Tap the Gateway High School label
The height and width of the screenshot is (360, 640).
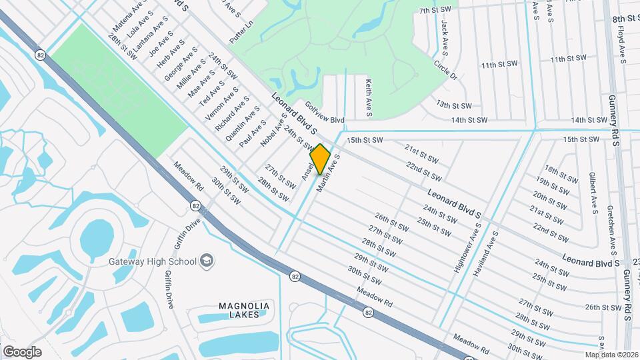coord(153,261)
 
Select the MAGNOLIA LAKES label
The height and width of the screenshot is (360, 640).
coord(244,310)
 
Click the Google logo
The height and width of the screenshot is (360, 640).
coord(22,352)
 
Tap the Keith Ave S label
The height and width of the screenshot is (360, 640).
coord(368,95)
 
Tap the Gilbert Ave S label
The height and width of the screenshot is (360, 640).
coord(592,191)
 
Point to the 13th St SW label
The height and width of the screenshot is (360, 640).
coord(454,105)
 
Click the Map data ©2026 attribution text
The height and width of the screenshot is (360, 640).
coord(611,355)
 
